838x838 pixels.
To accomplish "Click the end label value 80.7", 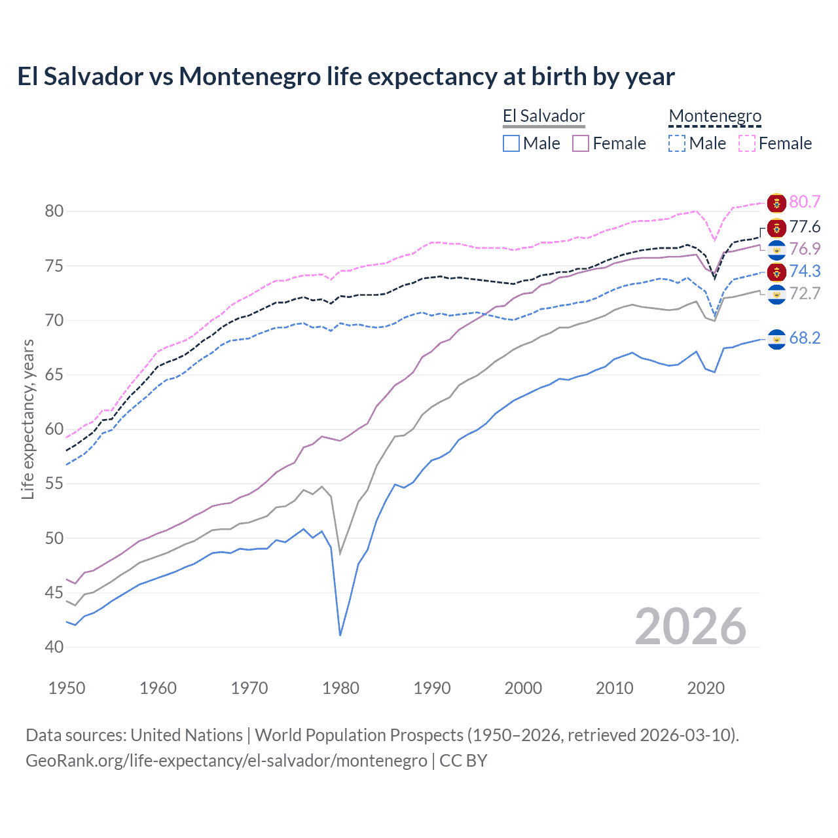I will point(805,202).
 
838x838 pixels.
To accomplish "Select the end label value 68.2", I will point(805,338).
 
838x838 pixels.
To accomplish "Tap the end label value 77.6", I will point(805,227).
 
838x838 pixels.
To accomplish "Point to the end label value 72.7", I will point(805,293).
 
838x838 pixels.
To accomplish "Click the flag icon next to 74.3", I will point(776,272).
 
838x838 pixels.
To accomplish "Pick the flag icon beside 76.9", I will point(776,249).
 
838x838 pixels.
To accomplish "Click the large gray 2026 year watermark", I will point(691,627).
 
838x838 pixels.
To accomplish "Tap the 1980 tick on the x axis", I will point(340,688).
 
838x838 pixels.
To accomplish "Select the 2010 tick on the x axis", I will point(614,688).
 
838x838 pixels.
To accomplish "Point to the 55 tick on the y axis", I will point(54,484).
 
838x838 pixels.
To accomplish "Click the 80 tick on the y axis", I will point(54,211).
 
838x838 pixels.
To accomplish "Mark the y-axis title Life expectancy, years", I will point(27,419).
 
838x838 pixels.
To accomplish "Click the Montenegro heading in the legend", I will point(715,117).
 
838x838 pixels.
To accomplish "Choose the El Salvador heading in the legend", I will point(543,117).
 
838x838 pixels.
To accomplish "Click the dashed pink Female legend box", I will point(747,143).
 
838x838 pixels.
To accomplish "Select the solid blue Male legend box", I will point(511,143).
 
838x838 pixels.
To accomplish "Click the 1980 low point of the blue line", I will point(340,635).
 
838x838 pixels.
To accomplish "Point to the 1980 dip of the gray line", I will point(340,554).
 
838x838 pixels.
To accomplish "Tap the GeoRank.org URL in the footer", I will point(226,761).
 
